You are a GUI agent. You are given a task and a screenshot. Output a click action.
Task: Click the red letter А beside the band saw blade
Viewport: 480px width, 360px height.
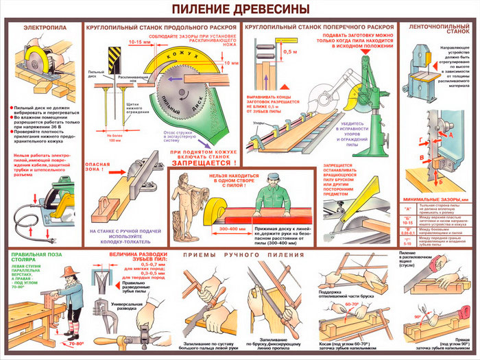451,136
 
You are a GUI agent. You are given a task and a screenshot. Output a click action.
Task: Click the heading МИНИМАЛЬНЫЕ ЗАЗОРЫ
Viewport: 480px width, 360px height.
435,199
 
